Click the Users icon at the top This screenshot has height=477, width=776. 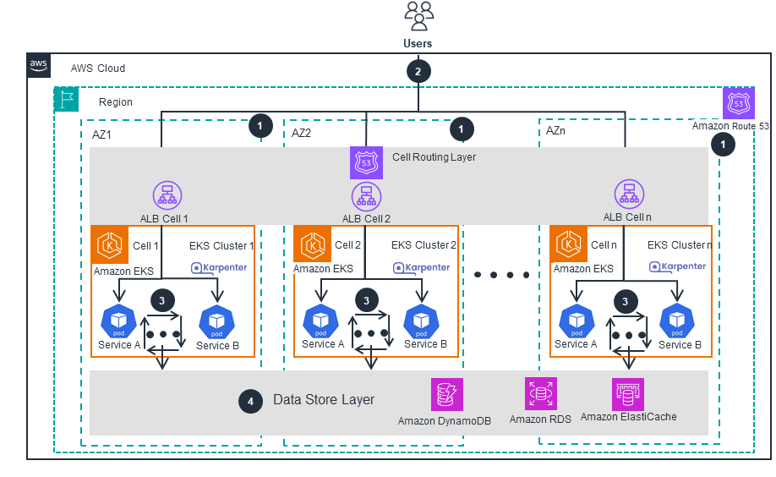(x=418, y=14)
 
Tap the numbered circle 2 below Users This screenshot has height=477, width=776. (x=418, y=71)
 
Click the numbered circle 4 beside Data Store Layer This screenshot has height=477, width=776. (x=250, y=402)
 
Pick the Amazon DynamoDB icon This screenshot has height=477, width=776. (x=445, y=394)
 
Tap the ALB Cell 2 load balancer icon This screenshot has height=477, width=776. (x=366, y=197)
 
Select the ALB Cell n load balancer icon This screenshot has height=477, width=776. (x=627, y=194)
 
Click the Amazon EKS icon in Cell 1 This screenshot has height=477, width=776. (x=108, y=245)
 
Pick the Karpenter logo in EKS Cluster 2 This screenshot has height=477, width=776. (x=421, y=267)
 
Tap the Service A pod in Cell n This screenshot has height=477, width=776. (x=577, y=321)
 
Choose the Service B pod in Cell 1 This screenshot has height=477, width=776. (x=216, y=321)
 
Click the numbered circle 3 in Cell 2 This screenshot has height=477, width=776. (x=366, y=300)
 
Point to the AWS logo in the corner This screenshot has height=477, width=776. (x=39, y=65)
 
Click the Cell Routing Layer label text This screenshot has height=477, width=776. (x=434, y=157)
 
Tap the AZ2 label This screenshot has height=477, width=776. (x=302, y=133)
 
